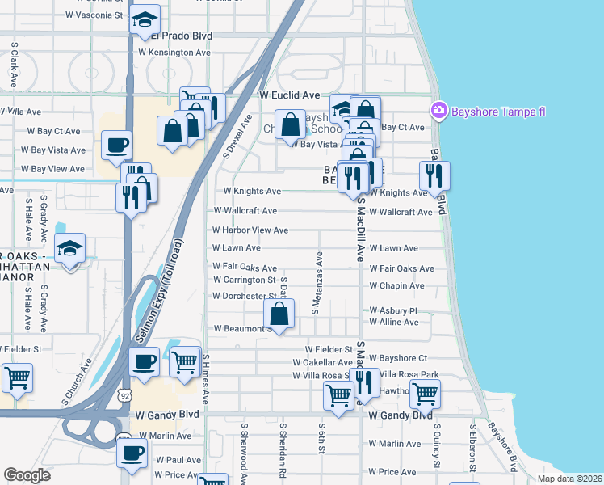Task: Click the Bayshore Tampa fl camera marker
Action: (439, 110)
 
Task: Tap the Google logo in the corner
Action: (27, 474)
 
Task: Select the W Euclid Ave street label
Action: (290, 95)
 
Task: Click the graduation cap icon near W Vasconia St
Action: (145, 19)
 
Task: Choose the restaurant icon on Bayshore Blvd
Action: (434, 175)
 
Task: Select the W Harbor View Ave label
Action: (250, 230)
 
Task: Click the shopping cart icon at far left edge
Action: (15, 377)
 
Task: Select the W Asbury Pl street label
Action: (392, 310)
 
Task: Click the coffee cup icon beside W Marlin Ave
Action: (132, 453)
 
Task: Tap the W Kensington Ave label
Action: (174, 53)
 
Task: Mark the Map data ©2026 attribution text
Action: (569, 479)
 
